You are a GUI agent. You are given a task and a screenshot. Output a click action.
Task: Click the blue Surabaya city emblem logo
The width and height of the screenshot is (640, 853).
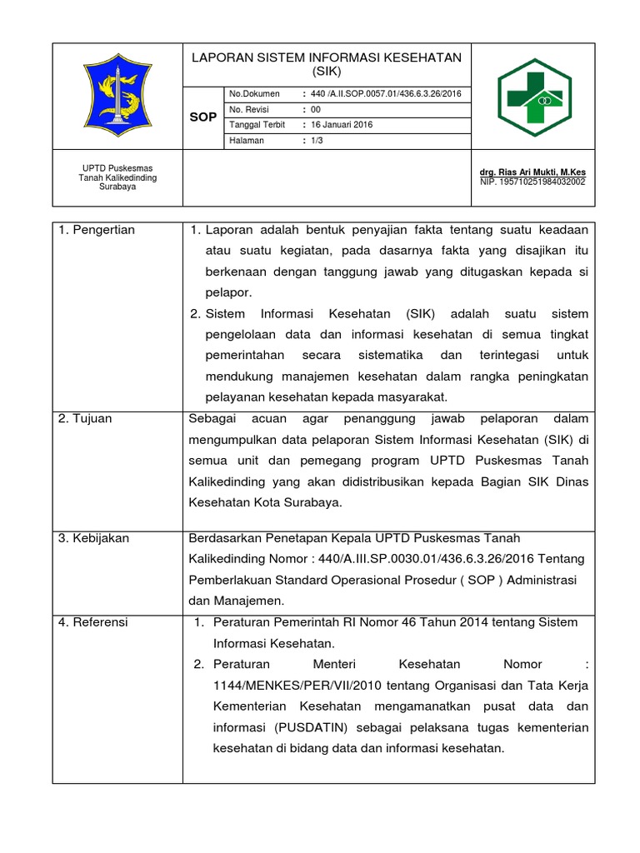[117, 96]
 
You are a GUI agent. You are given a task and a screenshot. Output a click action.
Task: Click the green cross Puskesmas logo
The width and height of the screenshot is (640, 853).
[535, 96]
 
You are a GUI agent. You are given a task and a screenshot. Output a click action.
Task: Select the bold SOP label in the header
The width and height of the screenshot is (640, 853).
[202, 117]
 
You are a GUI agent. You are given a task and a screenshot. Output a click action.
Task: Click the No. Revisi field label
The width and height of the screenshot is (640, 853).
[250, 109]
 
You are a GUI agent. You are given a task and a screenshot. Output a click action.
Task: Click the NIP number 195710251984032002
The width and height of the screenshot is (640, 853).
[532, 181]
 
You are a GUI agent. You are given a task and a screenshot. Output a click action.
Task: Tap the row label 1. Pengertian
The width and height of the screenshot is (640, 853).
[97, 230]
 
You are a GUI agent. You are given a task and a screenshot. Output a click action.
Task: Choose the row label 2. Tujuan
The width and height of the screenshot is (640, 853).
[86, 418]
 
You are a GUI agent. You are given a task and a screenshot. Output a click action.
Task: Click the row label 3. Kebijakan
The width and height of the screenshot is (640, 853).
[94, 538]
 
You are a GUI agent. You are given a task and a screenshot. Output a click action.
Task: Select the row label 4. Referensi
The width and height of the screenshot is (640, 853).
[93, 622]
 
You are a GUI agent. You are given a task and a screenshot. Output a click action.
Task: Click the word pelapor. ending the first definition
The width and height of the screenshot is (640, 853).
[228, 292]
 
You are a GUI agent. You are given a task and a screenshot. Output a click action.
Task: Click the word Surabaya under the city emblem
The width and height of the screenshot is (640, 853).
[117, 187]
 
